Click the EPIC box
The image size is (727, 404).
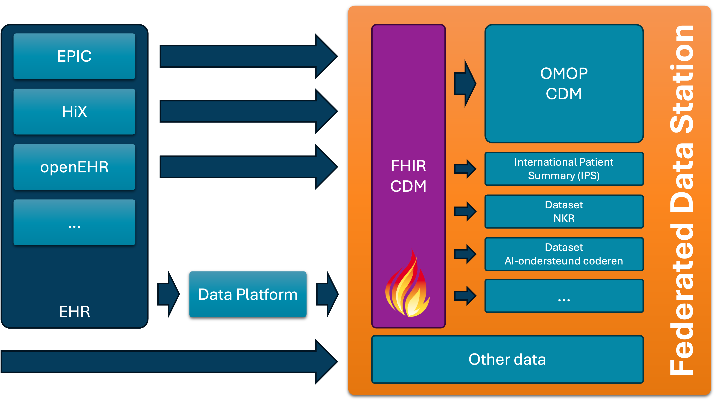tap(74, 56)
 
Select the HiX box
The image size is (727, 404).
tap(74, 112)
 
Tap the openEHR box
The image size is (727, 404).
tap(74, 167)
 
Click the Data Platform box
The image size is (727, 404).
tap(248, 294)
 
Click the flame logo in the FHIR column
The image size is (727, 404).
tap(407, 285)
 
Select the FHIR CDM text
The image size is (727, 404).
tap(408, 176)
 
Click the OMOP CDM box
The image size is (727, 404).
tap(564, 84)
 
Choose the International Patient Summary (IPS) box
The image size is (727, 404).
tap(564, 169)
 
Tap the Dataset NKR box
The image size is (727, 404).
tap(564, 211)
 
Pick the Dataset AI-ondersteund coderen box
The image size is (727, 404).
tap(564, 254)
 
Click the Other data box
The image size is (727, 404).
tap(507, 359)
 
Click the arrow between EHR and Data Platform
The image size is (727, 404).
tap(168, 294)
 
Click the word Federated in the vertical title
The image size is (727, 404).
tap(681, 299)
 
